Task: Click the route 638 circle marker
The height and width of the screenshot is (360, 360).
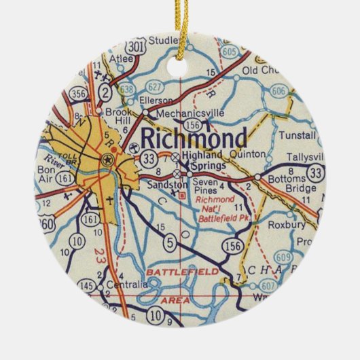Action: coord(125,90)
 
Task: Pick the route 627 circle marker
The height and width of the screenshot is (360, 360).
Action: coord(155,86)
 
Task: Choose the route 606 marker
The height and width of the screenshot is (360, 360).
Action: coord(278,91)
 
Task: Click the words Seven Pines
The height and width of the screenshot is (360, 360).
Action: coord(204,185)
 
